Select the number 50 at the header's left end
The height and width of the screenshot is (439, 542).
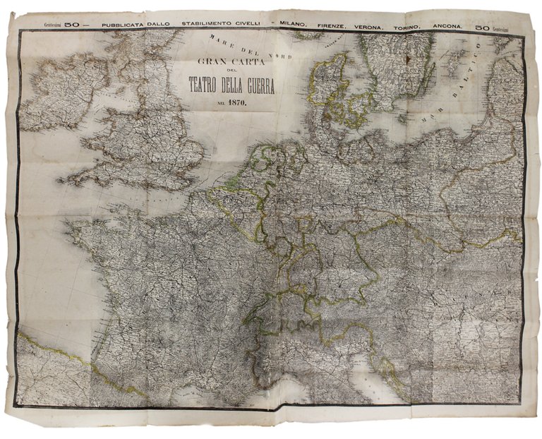[72, 25]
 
